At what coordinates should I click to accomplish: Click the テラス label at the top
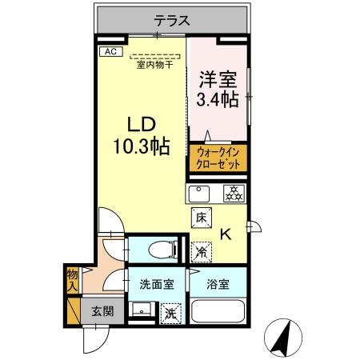point(171,22)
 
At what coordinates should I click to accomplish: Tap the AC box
point(110,53)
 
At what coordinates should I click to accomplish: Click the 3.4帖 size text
point(217,100)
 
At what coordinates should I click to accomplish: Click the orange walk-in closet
point(218,157)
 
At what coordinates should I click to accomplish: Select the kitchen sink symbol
point(198,193)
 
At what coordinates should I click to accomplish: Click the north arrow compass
point(282,336)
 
